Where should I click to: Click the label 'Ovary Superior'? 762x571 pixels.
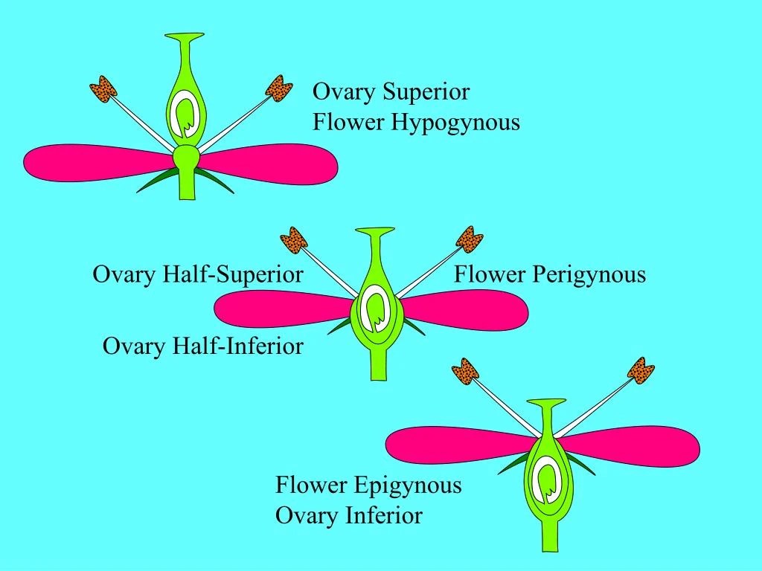(x=391, y=92)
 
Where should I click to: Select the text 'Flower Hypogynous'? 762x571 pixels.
(x=416, y=122)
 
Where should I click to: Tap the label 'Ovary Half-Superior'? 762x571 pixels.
(x=197, y=275)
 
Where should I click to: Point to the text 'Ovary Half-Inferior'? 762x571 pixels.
(x=202, y=346)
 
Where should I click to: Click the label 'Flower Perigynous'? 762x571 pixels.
(x=550, y=275)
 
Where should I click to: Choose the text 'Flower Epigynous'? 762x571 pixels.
(x=368, y=485)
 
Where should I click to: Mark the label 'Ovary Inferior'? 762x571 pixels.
(x=348, y=515)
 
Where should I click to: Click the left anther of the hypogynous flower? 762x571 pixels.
(x=103, y=91)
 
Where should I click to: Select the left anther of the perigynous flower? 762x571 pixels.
(x=294, y=240)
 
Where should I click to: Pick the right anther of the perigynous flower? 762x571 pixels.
(x=470, y=238)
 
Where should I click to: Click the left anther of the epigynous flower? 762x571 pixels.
(x=465, y=371)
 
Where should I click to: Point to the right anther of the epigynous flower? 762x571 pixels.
(x=640, y=370)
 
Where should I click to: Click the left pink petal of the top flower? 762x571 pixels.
(x=89, y=161)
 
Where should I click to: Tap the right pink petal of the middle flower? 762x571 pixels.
(x=469, y=309)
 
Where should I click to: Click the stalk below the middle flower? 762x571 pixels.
(x=379, y=366)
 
